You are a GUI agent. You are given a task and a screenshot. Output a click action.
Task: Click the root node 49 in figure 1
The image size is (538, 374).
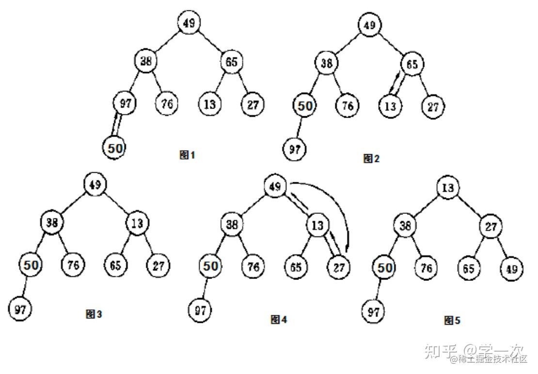point(189,23)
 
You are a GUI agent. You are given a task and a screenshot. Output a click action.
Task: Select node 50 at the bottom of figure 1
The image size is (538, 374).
point(114,148)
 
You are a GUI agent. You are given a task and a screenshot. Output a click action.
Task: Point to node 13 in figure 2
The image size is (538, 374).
point(390,106)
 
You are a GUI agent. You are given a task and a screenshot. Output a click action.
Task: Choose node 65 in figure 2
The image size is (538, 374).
point(412,65)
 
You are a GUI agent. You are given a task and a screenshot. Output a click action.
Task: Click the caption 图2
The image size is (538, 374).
point(371,158)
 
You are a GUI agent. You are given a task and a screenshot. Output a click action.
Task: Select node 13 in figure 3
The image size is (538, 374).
point(138,224)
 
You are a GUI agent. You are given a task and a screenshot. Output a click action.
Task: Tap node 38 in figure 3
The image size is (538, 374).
point(52,223)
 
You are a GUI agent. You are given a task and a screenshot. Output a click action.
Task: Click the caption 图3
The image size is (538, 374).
point(94,314)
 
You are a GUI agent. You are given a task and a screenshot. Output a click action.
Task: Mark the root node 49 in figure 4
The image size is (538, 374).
point(275,187)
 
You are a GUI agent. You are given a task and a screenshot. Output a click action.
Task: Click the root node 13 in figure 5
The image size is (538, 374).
point(448,188)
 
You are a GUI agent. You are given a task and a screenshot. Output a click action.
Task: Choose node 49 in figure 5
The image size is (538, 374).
point(511,269)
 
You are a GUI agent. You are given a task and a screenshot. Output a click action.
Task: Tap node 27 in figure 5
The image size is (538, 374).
point(491,227)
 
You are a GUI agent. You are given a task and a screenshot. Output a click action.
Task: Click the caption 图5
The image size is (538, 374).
point(452,320)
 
